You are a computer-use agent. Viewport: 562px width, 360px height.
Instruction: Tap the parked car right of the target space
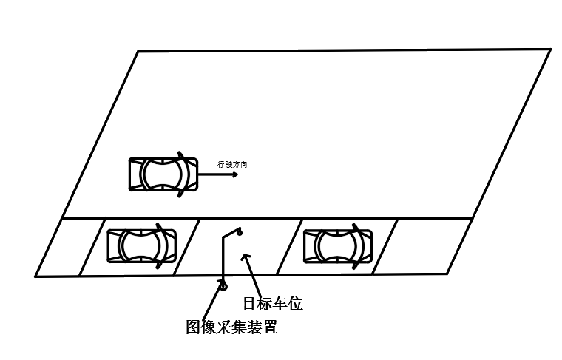pos(338,245)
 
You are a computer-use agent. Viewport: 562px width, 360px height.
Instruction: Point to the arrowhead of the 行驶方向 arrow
pos(234,176)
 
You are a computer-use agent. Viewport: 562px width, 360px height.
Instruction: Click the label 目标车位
pos(272,303)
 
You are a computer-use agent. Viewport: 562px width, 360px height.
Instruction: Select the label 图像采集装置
pos(231,327)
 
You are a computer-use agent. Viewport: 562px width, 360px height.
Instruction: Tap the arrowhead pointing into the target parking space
pos(245,257)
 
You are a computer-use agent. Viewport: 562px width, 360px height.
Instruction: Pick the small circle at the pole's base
pos(222,286)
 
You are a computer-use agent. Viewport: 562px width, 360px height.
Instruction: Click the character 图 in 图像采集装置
pos(193,327)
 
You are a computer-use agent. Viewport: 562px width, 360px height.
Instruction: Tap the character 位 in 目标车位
pos(295,303)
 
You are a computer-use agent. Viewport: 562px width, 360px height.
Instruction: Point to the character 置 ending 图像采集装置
pos(270,327)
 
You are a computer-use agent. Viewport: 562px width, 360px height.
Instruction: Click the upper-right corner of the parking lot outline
pos(550,50)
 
